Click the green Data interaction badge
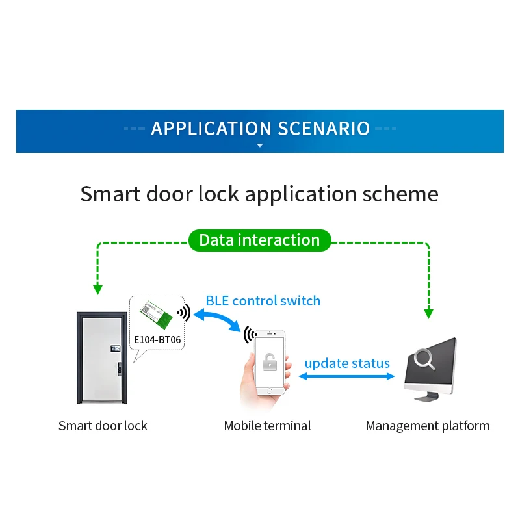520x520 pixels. (x=259, y=240)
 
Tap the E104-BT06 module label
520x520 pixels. (x=157, y=339)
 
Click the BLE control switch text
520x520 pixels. (x=263, y=301)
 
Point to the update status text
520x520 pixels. (x=347, y=363)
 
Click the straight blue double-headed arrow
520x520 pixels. (x=346, y=376)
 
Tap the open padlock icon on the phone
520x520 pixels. (x=270, y=362)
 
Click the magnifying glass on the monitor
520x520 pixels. (x=424, y=359)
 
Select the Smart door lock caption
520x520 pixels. (x=103, y=426)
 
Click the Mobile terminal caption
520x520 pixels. (x=267, y=426)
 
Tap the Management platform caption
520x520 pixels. (x=428, y=426)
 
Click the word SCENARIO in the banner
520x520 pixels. (x=324, y=129)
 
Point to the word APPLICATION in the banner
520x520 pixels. (x=212, y=129)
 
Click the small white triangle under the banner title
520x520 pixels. (x=260, y=145)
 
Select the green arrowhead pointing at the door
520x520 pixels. (x=97, y=289)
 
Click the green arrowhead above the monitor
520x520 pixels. (x=428, y=314)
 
